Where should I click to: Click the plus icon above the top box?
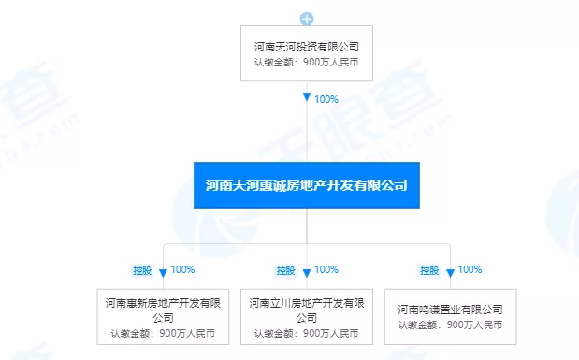[x=307, y=19]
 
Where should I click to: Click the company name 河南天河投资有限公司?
[x=307, y=46]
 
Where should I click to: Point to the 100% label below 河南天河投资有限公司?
[x=326, y=98]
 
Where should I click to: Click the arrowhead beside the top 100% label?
[x=307, y=98]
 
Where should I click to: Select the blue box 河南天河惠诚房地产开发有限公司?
[x=307, y=185]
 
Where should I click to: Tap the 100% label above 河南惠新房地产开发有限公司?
[x=182, y=270]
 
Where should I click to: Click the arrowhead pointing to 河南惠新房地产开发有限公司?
[x=163, y=272]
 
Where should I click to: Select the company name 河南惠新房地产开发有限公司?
[x=163, y=310]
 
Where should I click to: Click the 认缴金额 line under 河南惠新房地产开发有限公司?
[x=163, y=333]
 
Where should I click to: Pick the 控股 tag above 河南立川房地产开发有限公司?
[x=285, y=270]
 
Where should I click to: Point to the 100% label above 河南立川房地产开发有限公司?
[x=326, y=270]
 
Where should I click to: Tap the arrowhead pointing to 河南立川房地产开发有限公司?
[x=307, y=272]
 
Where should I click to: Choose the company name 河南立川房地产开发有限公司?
[x=307, y=310]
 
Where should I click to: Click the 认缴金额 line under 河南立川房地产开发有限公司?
[x=307, y=333]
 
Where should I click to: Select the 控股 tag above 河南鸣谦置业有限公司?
[x=429, y=270]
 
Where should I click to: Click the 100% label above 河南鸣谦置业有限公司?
[x=470, y=270]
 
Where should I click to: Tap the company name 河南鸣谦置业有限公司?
[x=450, y=309]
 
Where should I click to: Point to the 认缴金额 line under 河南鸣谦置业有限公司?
[x=450, y=325]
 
